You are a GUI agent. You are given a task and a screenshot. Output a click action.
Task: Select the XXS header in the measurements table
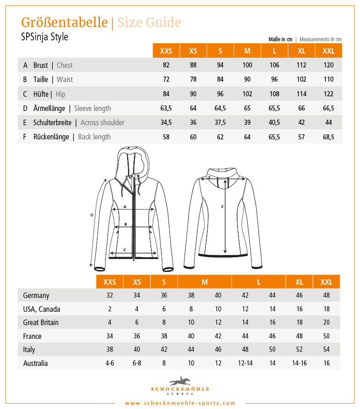click(166, 51)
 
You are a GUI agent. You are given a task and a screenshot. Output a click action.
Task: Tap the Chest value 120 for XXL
click(328, 65)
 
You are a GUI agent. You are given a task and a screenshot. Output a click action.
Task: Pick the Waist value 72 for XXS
click(166, 79)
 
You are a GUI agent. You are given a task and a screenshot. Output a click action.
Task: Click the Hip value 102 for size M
click(247, 94)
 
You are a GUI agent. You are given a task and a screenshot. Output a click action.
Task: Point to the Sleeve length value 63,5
click(166, 108)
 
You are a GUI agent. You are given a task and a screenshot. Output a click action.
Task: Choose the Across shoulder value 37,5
click(220, 122)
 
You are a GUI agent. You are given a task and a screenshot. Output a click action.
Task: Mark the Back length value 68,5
click(328, 137)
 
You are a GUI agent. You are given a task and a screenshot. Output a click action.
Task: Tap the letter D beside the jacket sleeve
click(92, 215)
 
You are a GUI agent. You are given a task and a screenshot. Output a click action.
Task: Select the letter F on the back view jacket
click(222, 207)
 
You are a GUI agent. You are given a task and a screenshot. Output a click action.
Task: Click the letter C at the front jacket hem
click(125, 249)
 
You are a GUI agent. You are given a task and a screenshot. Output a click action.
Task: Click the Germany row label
click(36, 296)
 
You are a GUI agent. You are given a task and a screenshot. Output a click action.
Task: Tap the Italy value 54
click(327, 349)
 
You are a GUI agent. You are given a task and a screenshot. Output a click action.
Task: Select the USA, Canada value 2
click(110, 309)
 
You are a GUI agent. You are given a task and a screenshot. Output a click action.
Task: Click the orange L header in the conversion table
click(259, 282)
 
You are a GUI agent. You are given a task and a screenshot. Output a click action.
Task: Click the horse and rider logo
click(180, 381)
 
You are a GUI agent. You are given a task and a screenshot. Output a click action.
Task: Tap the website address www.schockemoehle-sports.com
click(180, 403)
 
